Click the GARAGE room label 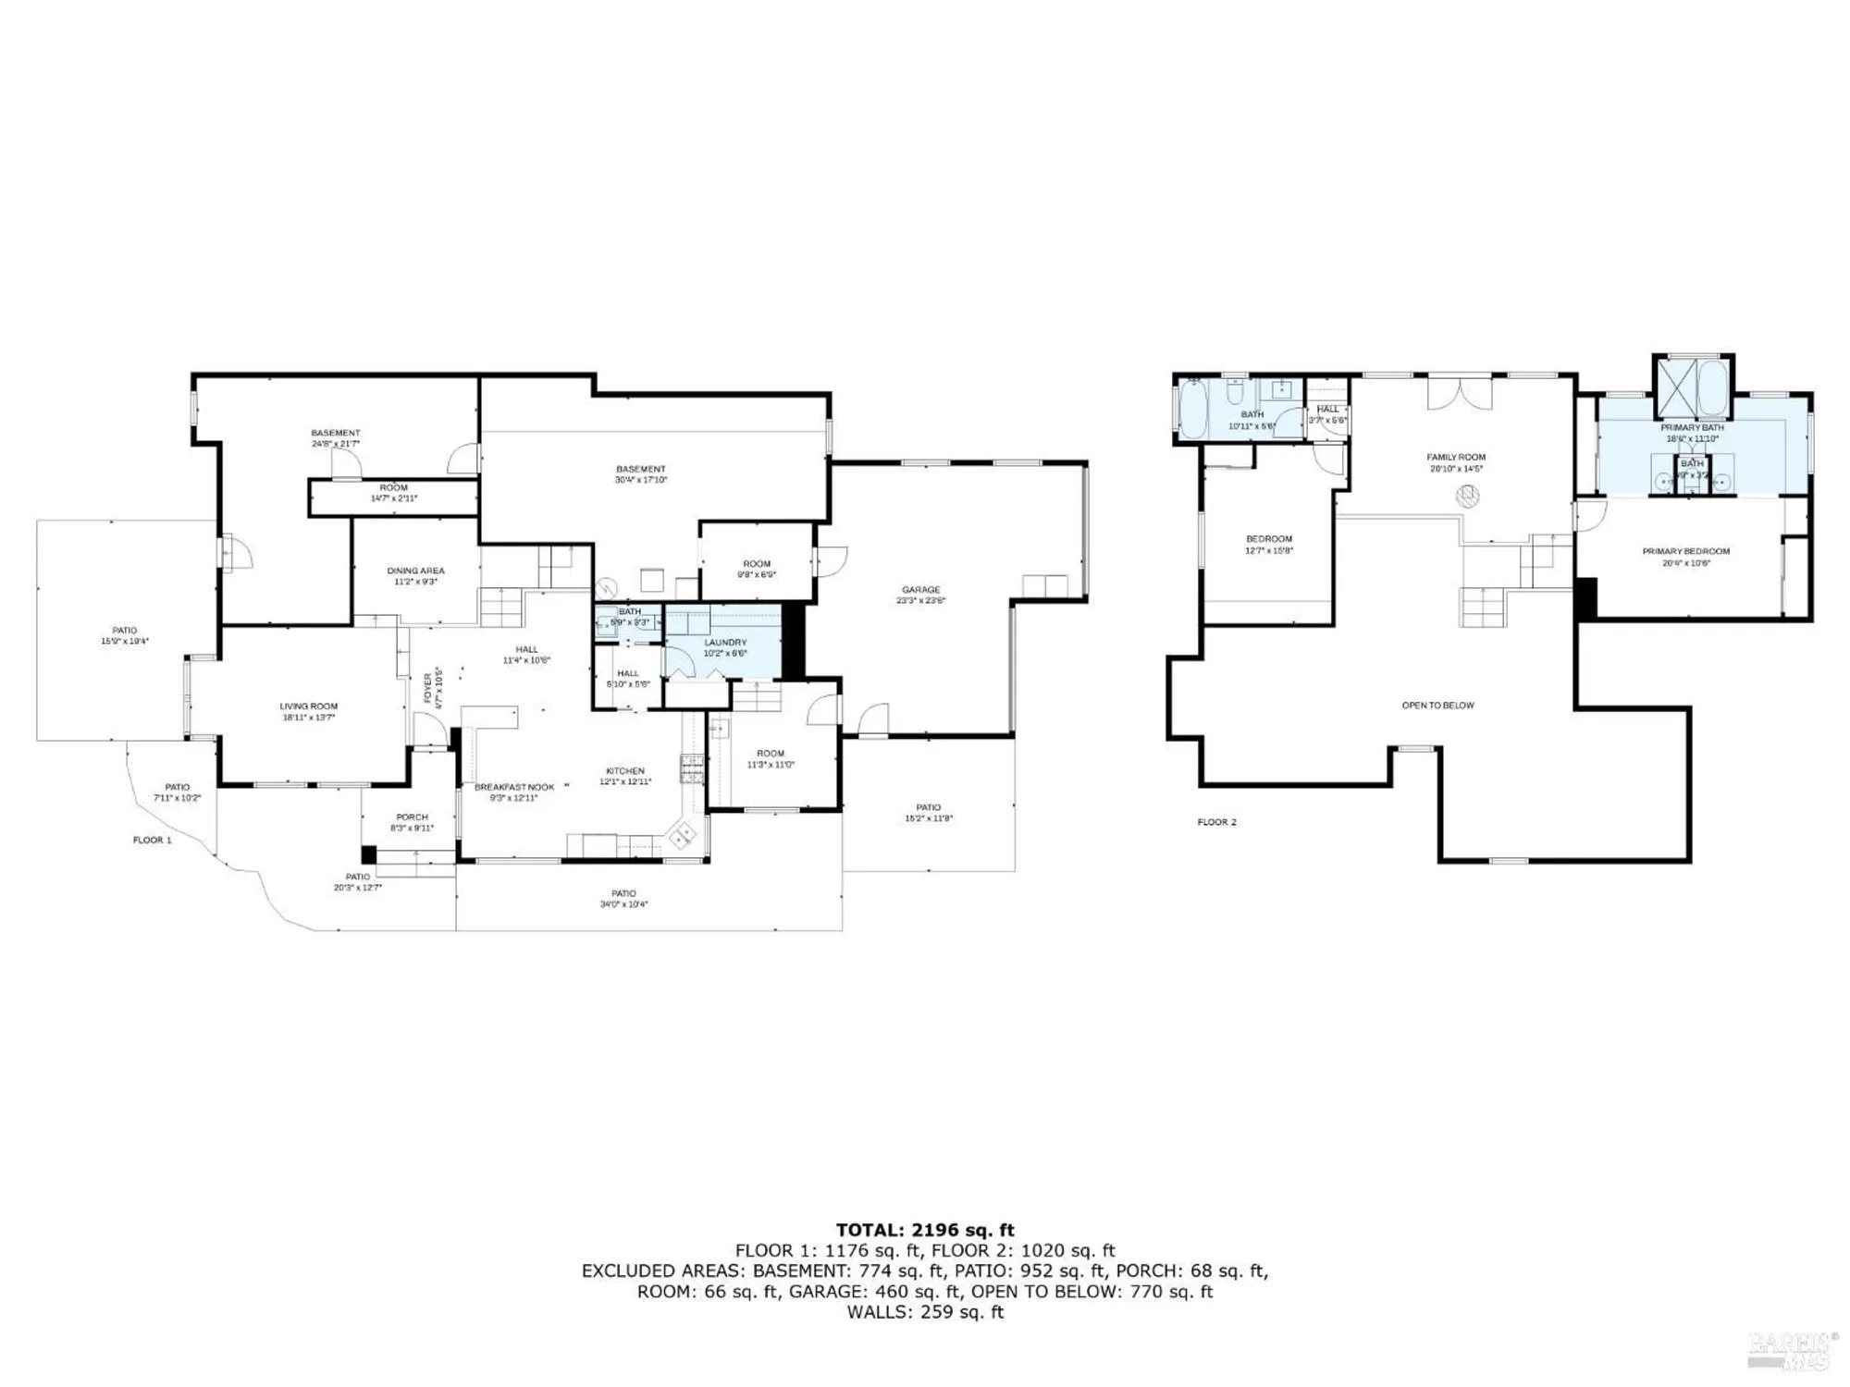pos(920,589)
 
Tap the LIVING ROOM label pos(309,706)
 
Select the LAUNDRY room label pos(724,643)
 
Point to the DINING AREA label pos(415,571)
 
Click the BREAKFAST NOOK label pos(514,787)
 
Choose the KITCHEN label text pos(625,771)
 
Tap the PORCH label pos(412,816)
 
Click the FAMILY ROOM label pos(1456,457)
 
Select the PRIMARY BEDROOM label pos(1685,551)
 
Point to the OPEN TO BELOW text pos(1437,706)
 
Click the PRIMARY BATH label pos(1692,427)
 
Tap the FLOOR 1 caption pos(153,841)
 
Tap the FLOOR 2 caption pos(1216,822)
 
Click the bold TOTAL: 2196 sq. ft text pos(925,1230)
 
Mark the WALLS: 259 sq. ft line pos(925,1312)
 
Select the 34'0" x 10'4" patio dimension pos(623,904)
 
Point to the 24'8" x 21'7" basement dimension pos(335,444)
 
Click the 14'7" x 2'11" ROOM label pos(393,493)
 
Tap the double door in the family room pos(1460,392)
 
